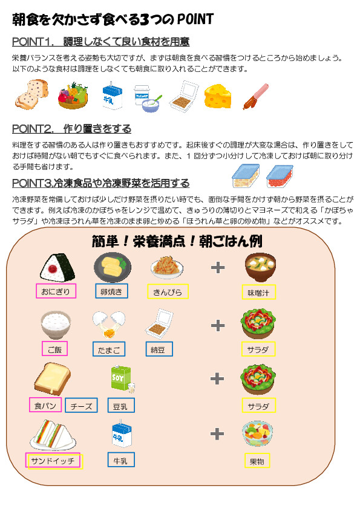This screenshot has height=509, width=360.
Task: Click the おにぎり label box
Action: (56, 291)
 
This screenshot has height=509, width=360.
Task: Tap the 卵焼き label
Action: (111, 291)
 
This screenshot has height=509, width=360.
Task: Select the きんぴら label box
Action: (168, 291)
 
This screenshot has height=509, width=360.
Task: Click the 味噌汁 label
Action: (258, 292)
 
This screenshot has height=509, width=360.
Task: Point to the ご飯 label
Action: (54, 349)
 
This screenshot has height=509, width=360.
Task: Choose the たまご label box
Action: (109, 349)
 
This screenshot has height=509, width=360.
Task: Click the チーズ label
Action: (81, 405)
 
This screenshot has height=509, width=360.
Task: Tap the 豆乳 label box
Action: (121, 405)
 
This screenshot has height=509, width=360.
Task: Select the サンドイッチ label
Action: (53, 460)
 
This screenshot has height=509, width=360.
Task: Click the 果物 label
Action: (257, 460)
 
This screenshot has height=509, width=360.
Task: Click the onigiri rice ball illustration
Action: (57, 267)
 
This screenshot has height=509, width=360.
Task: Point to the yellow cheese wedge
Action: (218, 96)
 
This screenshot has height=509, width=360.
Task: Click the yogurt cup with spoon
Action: (148, 99)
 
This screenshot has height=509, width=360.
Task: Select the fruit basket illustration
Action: (73, 96)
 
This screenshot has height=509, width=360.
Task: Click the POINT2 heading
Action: (71, 129)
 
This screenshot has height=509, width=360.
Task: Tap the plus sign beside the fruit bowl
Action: (217, 433)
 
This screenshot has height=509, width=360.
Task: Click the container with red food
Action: (280, 177)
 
